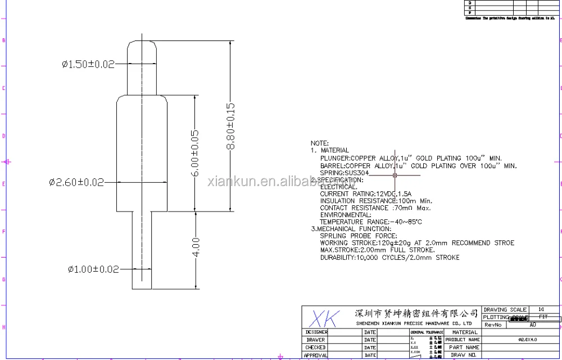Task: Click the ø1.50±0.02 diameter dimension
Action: click(88, 64)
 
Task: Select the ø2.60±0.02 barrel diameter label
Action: click(76, 182)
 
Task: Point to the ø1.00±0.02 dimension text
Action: click(93, 269)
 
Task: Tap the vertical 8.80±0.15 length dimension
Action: click(230, 126)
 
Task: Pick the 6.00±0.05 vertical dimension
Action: click(195, 153)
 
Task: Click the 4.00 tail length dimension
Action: click(196, 248)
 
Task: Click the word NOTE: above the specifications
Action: click(319, 143)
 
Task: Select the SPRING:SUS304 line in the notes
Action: click(345, 173)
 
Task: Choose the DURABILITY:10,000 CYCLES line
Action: click(389, 258)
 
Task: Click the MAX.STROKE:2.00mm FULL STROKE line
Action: click(377, 250)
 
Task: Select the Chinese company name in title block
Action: click(417, 313)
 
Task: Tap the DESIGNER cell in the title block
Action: click(316, 332)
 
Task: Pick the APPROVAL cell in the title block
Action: click(316, 355)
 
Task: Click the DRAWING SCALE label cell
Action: click(505, 310)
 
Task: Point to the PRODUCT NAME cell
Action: click(463, 340)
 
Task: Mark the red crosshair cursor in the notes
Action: click(395, 175)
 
